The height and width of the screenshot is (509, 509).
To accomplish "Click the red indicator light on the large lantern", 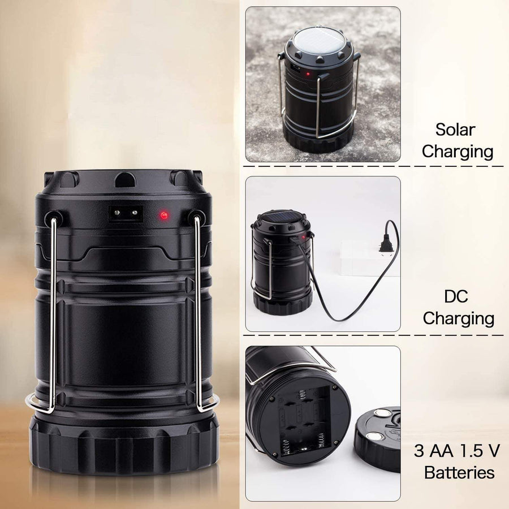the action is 164,215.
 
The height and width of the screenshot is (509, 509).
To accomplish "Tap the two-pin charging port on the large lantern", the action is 126,214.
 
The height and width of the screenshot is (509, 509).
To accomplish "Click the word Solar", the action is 455,130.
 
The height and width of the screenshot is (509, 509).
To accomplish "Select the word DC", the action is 456,296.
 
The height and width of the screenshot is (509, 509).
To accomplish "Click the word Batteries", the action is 459,472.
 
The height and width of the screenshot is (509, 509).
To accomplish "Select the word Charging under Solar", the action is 458,152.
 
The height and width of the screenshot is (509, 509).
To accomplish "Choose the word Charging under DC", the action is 458,318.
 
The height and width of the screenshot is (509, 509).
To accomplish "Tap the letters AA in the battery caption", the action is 442,451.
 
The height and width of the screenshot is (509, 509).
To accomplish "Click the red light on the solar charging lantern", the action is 308,74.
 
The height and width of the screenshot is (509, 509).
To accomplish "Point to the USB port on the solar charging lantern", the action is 295,69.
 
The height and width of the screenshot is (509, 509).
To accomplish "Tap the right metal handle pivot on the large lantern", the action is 197,217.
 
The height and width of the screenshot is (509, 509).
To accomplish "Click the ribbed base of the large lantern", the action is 124,444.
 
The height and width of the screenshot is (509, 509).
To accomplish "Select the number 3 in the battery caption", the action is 419,451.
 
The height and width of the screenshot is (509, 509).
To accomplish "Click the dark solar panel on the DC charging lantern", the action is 282,217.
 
